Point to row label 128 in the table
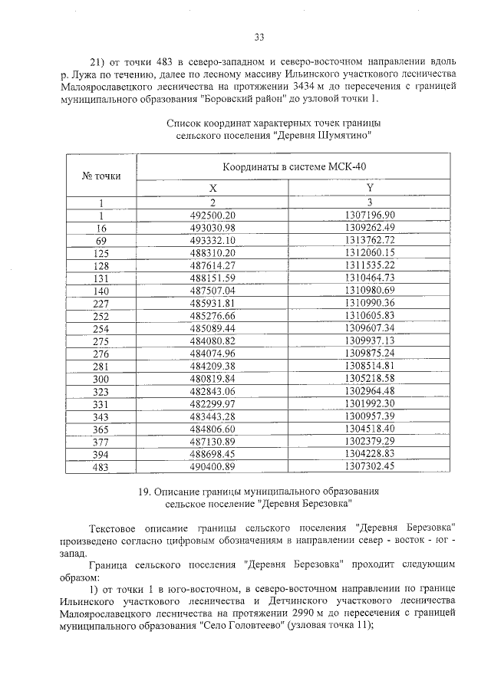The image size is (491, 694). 101,265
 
